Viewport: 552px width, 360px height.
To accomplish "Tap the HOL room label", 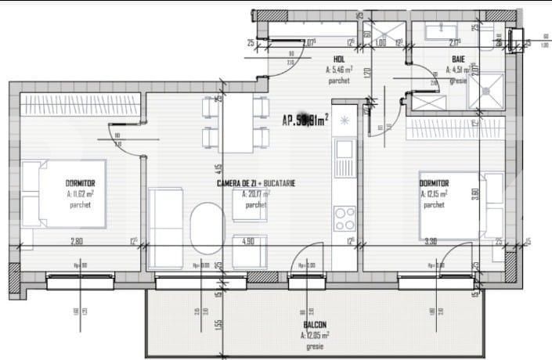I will (339, 59).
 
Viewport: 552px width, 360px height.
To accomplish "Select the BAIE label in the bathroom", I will (458, 59).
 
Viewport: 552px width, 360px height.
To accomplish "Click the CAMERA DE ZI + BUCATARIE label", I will (256, 183).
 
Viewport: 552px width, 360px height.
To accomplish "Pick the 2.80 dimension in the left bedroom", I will (77, 241).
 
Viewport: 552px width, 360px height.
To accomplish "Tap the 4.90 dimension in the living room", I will (249, 241).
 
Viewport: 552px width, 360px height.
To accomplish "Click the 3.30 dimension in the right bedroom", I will (431, 241).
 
